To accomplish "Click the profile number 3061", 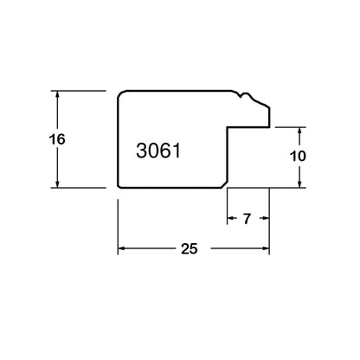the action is point(158,151).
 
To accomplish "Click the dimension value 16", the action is point(57,139).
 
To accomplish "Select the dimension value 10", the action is point(298,157).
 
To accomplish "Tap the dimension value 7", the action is point(247,219).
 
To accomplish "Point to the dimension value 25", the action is point(190,248).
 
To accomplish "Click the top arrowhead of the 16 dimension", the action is point(57,95).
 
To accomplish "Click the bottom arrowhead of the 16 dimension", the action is point(57,183).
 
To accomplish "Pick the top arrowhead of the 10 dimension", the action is point(299,132).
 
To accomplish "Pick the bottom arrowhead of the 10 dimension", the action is point(299,183).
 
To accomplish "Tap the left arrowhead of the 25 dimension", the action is point(122,248).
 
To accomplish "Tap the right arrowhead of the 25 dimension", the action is point(266,248).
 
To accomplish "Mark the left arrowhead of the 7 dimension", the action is point(231,218).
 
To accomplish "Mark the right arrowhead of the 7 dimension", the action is point(266,218).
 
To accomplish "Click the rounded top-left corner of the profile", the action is point(120,93).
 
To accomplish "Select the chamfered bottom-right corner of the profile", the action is point(224,185).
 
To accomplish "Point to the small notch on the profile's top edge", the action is point(241,95).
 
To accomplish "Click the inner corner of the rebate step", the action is point(228,127).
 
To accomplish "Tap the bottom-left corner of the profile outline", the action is point(119,187).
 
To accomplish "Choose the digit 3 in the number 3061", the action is point(141,151).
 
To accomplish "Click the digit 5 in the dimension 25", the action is point(194,248).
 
